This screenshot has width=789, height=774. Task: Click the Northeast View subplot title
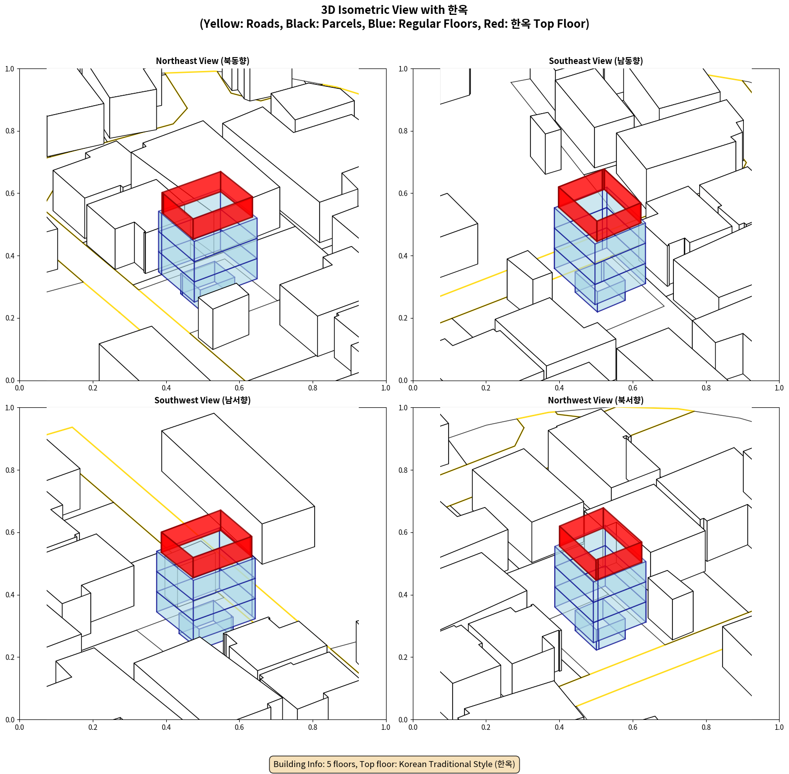pyautogui.click(x=202, y=61)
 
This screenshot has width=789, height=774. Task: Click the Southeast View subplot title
pyautogui.click(x=595, y=61)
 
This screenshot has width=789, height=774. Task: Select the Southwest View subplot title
pyautogui.click(x=202, y=400)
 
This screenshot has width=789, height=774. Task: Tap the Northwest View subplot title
pyautogui.click(x=595, y=400)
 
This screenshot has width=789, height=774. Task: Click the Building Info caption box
pyautogui.click(x=394, y=764)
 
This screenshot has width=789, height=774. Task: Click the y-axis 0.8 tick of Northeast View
pyautogui.click(x=10, y=131)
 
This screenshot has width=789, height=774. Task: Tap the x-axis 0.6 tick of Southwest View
pyautogui.click(x=240, y=727)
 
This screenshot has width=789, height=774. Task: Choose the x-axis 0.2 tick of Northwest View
pyautogui.click(x=486, y=727)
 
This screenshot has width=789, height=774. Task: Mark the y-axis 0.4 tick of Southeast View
pyautogui.click(x=403, y=256)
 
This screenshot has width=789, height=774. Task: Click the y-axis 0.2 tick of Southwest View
pyautogui.click(x=10, y=657)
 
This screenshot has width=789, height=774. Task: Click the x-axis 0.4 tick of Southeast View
pyautogui.click(x=559, y=388)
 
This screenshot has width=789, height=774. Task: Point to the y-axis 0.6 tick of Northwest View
pyautogui.click(x=403, y=533)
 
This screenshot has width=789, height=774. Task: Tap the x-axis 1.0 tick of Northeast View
pyautogui.click(x=386, y=388)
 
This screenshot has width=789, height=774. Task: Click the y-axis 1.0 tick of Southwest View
pyautogui.click(x=10, y=408)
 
